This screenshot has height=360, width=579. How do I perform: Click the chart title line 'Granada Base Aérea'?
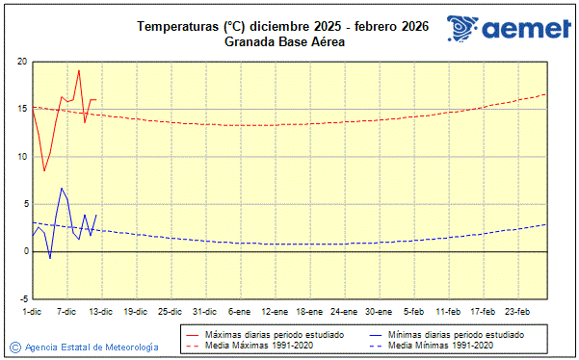click(284, 41)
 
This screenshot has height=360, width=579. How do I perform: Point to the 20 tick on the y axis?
click(22, 62)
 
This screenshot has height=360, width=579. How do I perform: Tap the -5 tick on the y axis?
click(23, 298)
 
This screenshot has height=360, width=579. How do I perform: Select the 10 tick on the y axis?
click(22, 156)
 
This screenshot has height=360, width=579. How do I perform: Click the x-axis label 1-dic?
click(32, 311)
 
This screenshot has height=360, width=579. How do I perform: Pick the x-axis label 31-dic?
click(204, 311)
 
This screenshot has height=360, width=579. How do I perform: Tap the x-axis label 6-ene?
click(239, 311)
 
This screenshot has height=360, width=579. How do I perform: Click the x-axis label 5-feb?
click(413, 311)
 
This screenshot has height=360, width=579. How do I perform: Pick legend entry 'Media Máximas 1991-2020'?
click(252, 345)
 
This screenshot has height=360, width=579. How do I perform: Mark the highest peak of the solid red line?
click(79, 70)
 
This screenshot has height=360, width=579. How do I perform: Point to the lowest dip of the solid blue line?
click(50, 258)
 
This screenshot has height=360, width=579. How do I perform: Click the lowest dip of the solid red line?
click(44, 171)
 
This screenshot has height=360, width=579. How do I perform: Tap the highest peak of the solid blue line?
click(62, 188)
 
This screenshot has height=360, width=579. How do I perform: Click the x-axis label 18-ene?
click(308, 311)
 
